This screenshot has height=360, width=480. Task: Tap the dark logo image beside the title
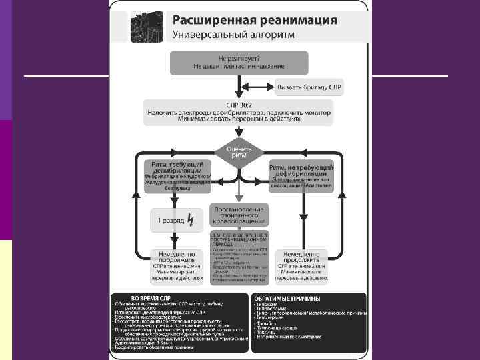[x=146, y=26]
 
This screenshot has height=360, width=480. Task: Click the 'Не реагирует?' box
[x=239, y=63]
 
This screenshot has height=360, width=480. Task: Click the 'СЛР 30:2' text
[x=238, y=105]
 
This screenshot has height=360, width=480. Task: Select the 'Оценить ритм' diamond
[x=238, y=151]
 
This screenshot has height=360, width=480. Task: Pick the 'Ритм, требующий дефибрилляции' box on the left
[x=177, y=175]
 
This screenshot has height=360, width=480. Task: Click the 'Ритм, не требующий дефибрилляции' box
[x=301, y=175]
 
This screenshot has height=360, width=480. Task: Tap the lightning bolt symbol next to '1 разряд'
[x=191, y=219]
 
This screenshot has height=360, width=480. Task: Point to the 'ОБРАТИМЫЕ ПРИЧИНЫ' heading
[x=287, y=299]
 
